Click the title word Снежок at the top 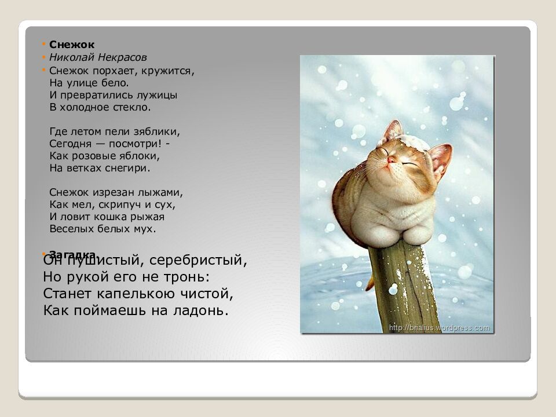click(x=72, y=44)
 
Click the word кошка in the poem click(x=115, y=217)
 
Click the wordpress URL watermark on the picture click(x=439, y=328)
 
